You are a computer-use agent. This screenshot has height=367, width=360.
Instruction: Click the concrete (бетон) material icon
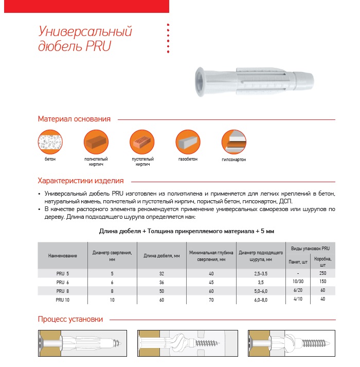click(50, 142)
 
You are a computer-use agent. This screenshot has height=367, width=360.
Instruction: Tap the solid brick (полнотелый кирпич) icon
click(96, 142)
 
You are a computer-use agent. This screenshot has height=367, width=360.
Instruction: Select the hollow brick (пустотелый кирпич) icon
click(142, 142)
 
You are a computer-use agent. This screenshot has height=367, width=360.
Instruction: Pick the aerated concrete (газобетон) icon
click(188, 142)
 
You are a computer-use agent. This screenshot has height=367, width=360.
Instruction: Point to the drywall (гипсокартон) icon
click(233, 142)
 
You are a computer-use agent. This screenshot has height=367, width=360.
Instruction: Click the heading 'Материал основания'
click(74, 119)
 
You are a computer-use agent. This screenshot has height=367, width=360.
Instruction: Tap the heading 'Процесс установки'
click(70, 319)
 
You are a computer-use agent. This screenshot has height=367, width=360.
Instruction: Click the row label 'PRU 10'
click(62, 300)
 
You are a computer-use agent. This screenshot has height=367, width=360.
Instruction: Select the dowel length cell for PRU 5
click(161, 274)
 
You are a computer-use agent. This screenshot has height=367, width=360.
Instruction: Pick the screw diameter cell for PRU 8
click(261, 291)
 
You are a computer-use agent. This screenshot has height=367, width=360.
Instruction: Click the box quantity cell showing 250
click(323, 273)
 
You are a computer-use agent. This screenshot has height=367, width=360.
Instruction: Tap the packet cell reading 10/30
click(298, 282)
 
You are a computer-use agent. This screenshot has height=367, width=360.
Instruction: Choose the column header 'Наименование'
click(62, 256)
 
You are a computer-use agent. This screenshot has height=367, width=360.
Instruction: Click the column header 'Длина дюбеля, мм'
click(161, 256)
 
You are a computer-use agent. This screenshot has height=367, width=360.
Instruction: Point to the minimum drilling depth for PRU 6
click(211, 283)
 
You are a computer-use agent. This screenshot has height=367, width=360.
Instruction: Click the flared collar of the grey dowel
click(199, 82)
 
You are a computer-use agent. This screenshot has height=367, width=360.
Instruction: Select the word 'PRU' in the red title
click(98, 46)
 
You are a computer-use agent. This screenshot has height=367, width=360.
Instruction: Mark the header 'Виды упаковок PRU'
click(310, 249)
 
